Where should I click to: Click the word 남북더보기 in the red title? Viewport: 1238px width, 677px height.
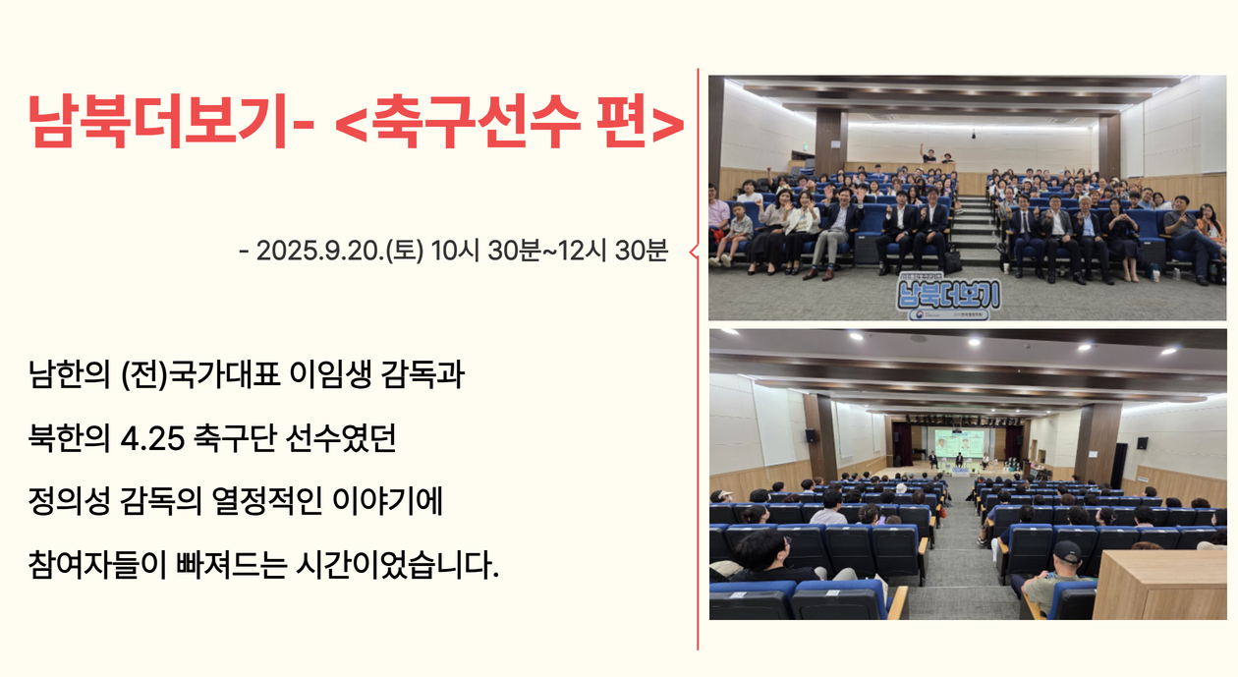click(157, 121)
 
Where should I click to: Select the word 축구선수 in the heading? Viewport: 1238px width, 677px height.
click(476, 121)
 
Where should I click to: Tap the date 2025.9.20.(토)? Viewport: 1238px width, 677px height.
click(340, 251)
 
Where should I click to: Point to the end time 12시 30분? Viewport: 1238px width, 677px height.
click(613, 251)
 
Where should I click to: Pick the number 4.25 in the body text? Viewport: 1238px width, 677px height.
click(152, 439)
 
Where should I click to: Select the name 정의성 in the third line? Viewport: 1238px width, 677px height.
click(69, 502)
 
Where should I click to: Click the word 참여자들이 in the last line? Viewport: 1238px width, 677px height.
click(97, 564)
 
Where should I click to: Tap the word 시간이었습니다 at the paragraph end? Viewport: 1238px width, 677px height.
click(397, 564)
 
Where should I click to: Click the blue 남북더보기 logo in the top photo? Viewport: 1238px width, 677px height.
click(948, 294)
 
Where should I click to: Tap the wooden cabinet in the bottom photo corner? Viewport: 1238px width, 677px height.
click(1159, 586)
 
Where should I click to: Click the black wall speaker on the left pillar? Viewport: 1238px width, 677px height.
click(811, 435)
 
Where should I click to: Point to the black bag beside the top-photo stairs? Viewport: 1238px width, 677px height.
click(953, 259)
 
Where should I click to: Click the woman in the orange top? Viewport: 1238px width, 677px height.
click(1210, 223)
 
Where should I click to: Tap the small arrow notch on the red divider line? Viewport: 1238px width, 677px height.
click(694, 252)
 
